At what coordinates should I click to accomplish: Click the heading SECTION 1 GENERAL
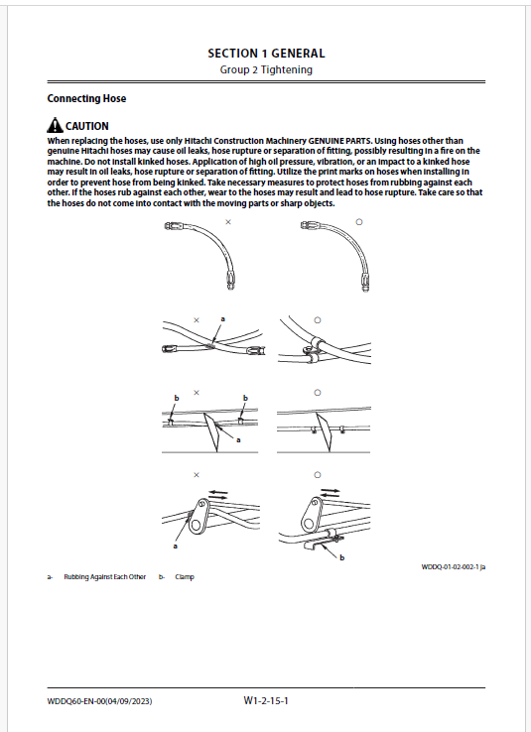[x=266, y=54]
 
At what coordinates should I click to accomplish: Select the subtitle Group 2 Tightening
[x=266, y=70]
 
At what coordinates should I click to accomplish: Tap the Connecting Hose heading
[x=86, y=98]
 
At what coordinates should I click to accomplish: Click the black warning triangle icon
[x=55, y=125]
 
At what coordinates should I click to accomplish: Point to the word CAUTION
[x=87, y=126]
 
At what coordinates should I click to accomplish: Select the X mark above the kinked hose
[x=228, y=222]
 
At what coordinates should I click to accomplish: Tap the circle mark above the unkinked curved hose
[x=359, y=222]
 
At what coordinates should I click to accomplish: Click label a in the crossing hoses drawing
[x=222, y=318]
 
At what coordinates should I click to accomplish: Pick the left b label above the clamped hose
[x=177, y=398]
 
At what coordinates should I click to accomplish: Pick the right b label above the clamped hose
[x=245, y=398]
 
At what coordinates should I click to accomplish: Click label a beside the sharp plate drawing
[x=238, y=439]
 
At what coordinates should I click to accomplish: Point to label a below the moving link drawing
[x=176, y=546]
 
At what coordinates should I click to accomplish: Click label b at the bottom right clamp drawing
[x=341, y=557]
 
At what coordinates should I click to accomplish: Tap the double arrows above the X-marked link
[x=218, y=494]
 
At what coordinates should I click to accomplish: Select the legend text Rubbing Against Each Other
[x=105, y=577]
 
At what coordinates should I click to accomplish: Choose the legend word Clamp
[x=185, y=577]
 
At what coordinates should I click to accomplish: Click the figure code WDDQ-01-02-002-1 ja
[x=453, y=566]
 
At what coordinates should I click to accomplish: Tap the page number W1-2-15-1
[x=266, y=700]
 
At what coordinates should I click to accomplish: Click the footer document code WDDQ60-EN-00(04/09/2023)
[x=99, y=701]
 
